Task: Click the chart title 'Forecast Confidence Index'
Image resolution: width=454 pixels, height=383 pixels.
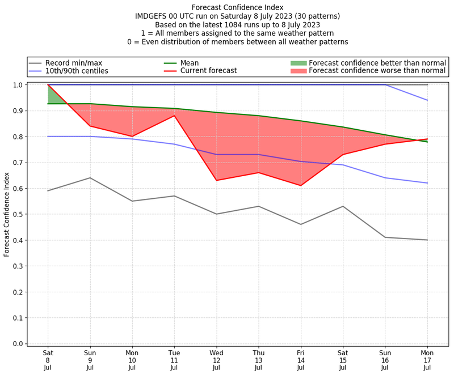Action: click(237, 7)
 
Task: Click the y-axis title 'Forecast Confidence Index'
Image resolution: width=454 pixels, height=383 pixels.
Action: click(7, 214)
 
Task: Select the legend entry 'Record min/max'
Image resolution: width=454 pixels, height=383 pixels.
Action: click(73, 63)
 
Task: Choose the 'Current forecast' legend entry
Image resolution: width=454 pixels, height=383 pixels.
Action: click(208, 71)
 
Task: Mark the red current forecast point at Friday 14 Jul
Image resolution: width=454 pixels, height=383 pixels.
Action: click(301, 185)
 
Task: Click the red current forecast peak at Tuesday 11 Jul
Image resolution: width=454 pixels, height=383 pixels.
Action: click(174, 116)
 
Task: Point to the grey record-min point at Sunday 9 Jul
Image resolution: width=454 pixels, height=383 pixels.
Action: click(90, 178)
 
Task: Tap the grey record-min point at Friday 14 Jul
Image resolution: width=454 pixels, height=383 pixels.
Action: click(301, 224)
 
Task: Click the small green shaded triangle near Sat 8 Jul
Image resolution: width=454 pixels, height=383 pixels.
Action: click(53, 97)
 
